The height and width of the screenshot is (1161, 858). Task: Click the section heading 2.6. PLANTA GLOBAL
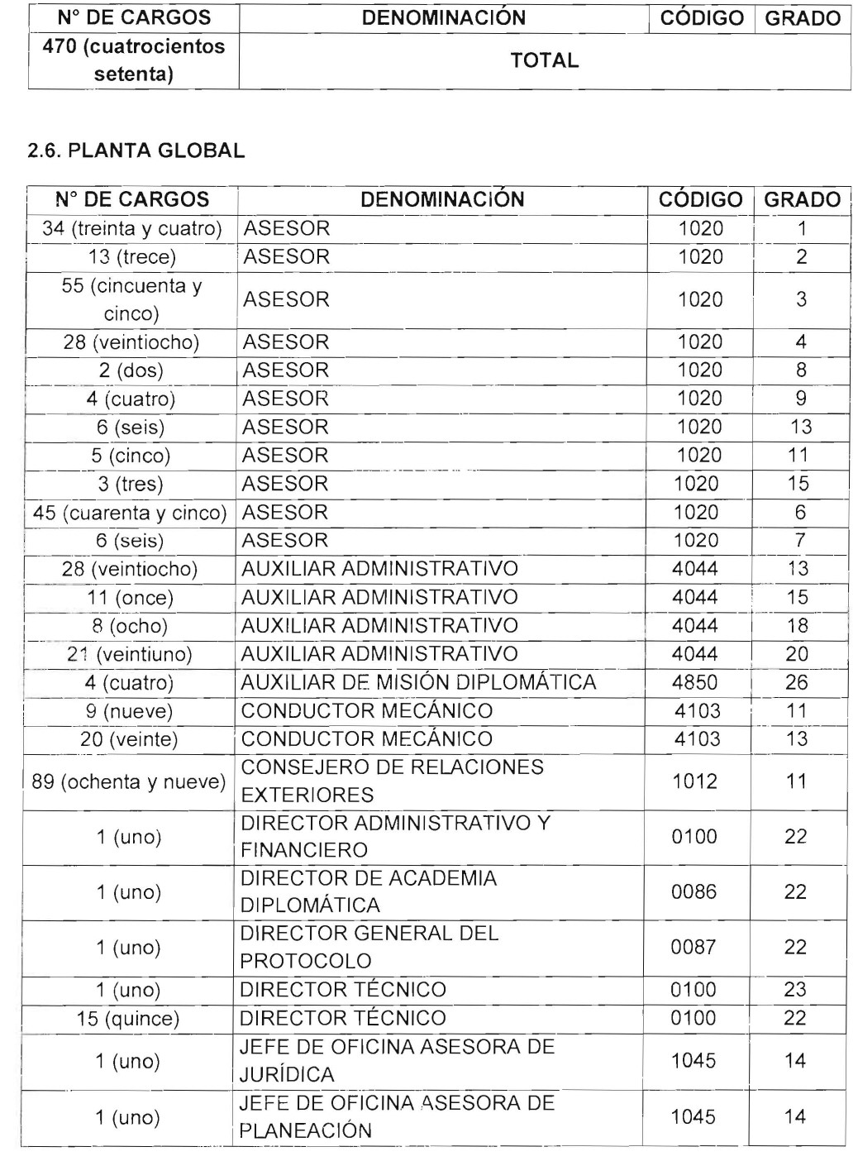point(136,151)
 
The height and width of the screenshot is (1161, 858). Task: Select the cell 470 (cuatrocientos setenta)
point(133,60)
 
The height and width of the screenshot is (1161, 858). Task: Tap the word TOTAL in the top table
point(544,60)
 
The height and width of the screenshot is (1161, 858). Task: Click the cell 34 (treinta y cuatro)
point(132,229)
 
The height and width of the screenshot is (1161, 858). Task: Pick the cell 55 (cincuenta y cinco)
point(132,300)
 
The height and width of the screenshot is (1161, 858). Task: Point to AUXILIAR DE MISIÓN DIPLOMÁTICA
point(418,683)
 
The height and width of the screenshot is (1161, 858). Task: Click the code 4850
point(695,683)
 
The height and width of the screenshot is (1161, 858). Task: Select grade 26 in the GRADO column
point(797,683)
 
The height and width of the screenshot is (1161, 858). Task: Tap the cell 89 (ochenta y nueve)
point(128,781)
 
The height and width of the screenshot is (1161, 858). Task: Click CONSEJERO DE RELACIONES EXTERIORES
point(392,781)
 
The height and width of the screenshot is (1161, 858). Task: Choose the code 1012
point(694,781)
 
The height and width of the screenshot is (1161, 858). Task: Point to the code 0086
point(694,892)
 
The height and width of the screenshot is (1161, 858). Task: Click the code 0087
point(694,948)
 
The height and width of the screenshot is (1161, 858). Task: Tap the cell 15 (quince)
point(128,1019)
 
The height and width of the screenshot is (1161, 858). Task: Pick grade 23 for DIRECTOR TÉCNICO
point(796,991)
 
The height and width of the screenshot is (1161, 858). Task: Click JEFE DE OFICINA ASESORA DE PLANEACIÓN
point(397,1117)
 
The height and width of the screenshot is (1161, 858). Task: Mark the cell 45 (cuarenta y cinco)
point(130,513)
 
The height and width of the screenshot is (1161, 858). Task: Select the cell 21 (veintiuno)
point(130,655)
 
